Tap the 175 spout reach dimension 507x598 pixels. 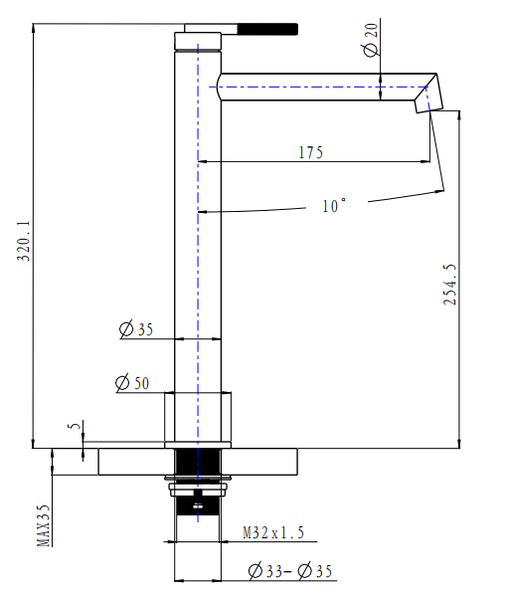click(311, 152)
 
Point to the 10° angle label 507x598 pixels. click(334, 206)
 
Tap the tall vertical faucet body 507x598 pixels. click(199, 249)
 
